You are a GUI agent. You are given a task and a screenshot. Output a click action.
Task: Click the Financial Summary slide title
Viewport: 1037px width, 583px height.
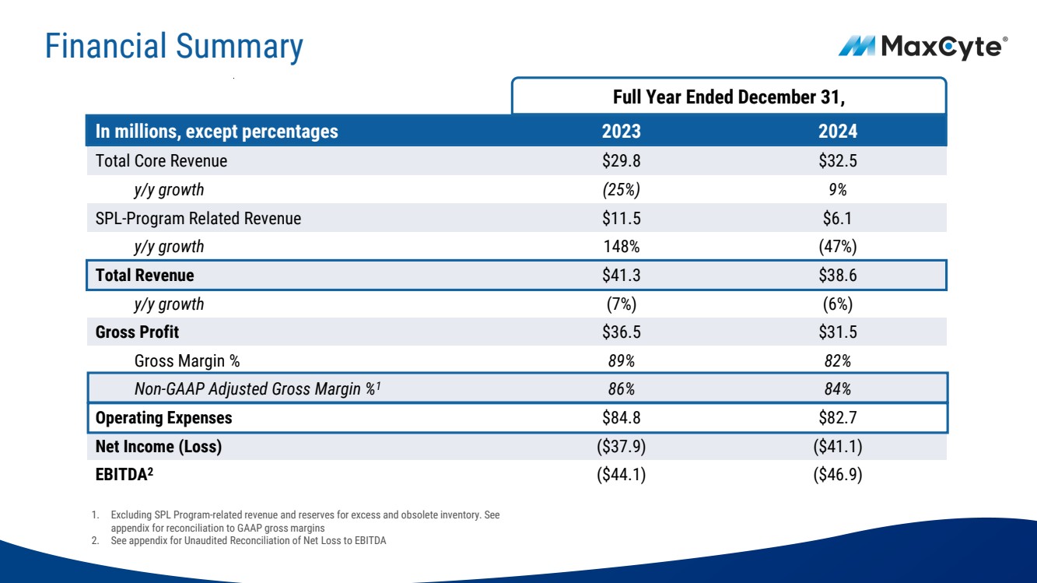click(x=174, y=47)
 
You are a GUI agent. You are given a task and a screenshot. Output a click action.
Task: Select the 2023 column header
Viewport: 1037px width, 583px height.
click(x=622, y=131)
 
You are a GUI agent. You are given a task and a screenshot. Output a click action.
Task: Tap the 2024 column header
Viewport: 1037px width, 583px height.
click(x=838, y=131)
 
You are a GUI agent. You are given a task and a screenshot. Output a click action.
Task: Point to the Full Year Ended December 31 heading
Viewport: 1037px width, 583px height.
click(x=729, y=97)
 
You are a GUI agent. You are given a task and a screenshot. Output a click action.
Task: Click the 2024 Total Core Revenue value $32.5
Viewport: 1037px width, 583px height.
click(x=838, y=160)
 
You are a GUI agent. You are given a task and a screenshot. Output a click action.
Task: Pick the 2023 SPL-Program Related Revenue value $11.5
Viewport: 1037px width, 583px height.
click(x=622, y=218)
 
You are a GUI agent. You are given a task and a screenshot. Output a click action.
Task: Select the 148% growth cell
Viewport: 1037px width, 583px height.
click(x=622, y=246)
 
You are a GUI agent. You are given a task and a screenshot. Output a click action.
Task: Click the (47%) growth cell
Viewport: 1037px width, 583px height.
click(x=838, y=246)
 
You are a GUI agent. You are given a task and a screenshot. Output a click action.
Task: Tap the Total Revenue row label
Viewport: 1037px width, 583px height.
click(x=145, y=275)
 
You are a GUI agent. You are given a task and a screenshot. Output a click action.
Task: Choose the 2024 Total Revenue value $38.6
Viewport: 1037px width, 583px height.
click(x=838, y=275)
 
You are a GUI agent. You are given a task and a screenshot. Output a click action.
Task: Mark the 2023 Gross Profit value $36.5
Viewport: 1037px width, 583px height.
click(x=622, y=332)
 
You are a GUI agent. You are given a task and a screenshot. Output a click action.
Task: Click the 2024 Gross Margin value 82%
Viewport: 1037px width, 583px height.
click(x=838, y=360)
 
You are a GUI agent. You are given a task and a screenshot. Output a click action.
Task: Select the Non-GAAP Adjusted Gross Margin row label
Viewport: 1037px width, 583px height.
click(x=257, y=389)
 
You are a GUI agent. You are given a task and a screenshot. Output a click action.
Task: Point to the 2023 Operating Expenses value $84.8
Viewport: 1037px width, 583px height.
click(x=622, y=418)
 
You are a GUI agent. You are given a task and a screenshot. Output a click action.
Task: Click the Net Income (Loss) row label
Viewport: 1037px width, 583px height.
click(x=159, y=446)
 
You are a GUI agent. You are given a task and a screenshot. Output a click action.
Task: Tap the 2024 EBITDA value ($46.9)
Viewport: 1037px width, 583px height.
click(x=838, y=475)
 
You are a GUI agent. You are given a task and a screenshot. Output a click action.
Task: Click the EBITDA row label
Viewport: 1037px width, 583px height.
click(x=124, y=475)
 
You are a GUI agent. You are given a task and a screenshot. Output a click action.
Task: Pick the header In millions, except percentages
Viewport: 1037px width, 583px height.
click(x=217, y=132)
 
